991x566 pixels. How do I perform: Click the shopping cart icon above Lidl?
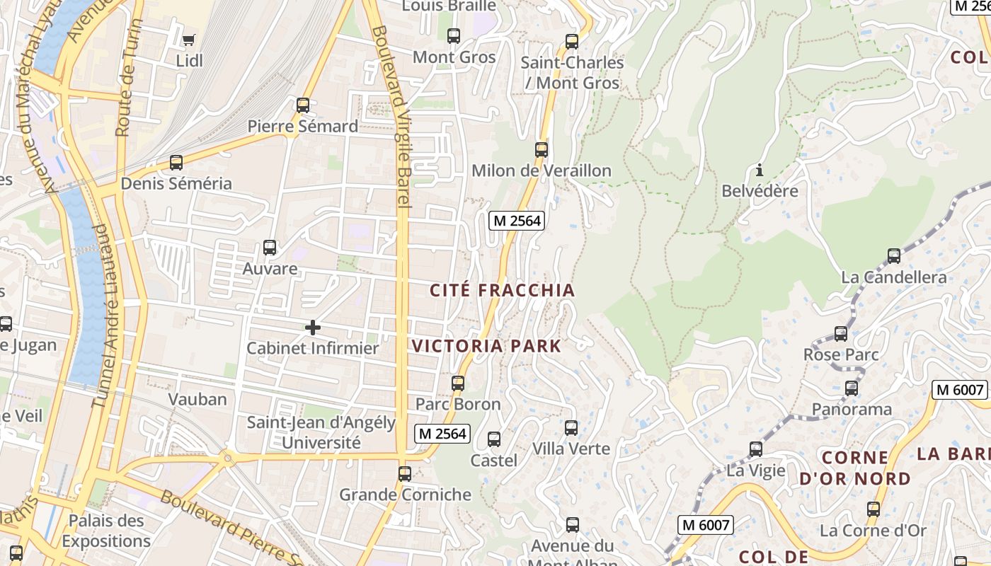[x=188, y=40]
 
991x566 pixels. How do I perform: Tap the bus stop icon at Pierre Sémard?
[x=303, y=105]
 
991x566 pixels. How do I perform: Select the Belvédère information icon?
[x=760, y=170]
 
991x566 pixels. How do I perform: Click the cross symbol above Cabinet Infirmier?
[x=312, y=327]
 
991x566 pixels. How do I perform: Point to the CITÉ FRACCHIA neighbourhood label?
[x=503, y=290]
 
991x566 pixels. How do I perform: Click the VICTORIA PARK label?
[x=486, y=346]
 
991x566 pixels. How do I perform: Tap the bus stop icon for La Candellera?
[x=894, y=255]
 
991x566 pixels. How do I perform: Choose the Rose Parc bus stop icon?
[x=841, y=333]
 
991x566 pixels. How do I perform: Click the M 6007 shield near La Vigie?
[x=706, y=525]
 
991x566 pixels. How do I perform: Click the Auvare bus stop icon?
[x=270, y=248]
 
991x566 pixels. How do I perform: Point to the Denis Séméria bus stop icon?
[x=176, y=163]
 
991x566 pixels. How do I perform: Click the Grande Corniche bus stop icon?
[x=405, y=473]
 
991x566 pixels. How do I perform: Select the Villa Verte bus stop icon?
[x=571, y=427]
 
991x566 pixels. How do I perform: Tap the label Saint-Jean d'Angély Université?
[x=321, y=433]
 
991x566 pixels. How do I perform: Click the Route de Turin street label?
[x=128, y=78]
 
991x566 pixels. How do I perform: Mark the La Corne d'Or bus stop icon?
[x=873, y=509]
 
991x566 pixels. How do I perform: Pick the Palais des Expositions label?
[x=106, y=531]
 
